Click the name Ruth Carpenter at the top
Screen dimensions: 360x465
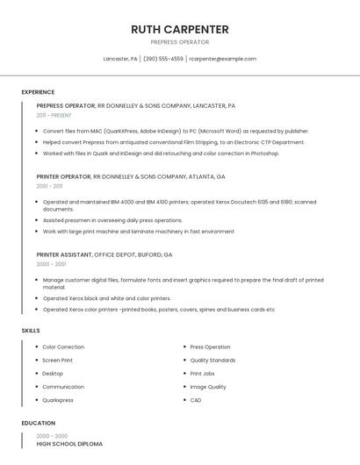[x=180, y=29]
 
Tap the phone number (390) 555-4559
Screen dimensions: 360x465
[x=162, y=59]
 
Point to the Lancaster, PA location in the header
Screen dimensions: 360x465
[x=120, y=59]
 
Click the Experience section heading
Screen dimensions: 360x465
[x=38, y=92]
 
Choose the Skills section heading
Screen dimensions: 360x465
[x=31, y=330]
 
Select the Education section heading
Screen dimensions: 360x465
[x=38, y=423]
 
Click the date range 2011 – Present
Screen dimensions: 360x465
[x=54, y=115]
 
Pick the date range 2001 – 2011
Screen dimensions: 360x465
[x=49, y=186]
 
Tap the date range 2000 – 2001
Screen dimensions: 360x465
[x=51, y=264]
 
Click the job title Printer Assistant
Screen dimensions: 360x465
[x=63, y=254]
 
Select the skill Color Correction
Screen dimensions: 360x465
[x=63, y=347]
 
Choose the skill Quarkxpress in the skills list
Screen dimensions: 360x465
[x=58, y=400]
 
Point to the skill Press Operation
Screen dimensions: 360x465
[x=210, y=347]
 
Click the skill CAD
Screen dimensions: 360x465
[x=196, y=400]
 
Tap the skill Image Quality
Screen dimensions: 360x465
[x=208, y=387]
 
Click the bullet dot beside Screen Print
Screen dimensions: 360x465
[x=36, y=361]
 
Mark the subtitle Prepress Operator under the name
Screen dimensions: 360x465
[x=180, y=41]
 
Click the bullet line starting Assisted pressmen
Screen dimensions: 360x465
[x=112, y=220]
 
